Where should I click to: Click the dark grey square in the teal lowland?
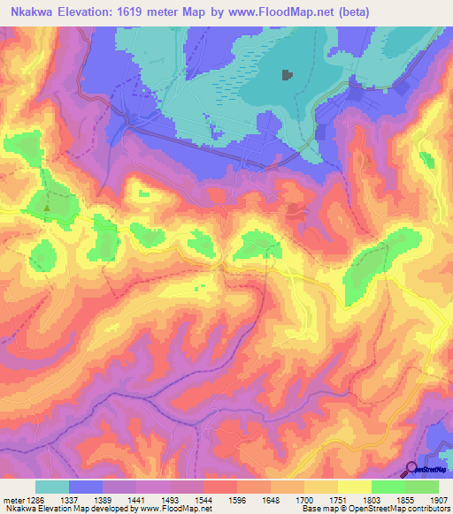click(287, 75)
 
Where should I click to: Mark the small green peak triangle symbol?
click(47, 208)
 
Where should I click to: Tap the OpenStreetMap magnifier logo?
click(411, 470)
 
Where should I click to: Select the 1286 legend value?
click(36, 499)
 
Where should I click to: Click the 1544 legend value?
click(204, 499)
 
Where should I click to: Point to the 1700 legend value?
click(305, 499)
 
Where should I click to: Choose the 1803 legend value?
click(372, 499)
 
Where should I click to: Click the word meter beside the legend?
click(12, 499)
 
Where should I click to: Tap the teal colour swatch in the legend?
click(51, 487)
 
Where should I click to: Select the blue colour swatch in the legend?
click(85, 487)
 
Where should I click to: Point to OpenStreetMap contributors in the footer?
click(394, 509)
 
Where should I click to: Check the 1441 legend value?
click(137, 499)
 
